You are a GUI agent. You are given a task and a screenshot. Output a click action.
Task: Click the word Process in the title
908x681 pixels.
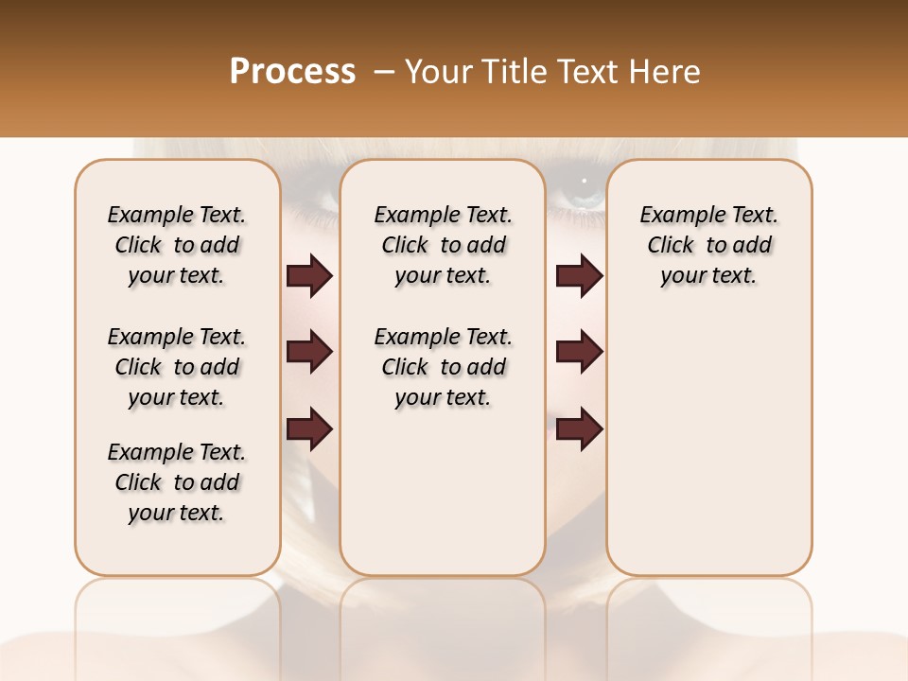coord(292,72)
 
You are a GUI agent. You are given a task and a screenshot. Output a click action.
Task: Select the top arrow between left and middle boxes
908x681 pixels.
coord(309,276)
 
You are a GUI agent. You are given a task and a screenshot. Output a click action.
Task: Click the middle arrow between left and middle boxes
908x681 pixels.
coord(309,352)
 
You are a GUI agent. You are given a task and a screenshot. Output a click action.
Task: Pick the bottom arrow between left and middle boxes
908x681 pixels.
coord(309,428)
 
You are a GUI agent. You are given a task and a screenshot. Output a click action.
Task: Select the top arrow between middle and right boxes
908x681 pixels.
coord(579,276)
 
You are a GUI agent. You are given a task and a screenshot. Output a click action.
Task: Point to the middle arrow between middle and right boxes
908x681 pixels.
coord(579,352)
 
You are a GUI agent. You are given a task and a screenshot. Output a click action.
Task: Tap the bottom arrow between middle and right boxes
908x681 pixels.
coord(579,428)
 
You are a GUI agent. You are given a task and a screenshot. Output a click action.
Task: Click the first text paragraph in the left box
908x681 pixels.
coord(177,245)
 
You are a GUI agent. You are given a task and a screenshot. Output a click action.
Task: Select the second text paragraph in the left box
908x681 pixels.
coord(177,367)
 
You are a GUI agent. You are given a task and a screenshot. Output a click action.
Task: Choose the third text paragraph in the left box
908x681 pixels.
coord(177,482)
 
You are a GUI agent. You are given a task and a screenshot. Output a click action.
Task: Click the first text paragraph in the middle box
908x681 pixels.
coord(444,245)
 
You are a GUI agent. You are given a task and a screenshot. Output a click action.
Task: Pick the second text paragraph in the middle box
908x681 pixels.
coord(444,367)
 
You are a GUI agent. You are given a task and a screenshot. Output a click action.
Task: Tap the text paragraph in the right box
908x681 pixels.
coord(709,245)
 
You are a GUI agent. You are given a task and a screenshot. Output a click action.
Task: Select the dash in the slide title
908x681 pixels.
coord(382,72)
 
